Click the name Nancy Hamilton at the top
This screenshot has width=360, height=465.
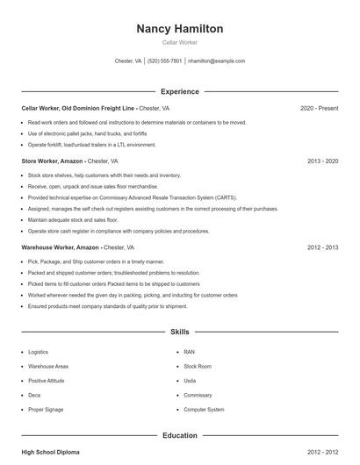click(179, 29)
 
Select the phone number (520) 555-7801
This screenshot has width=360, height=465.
click(164, 61)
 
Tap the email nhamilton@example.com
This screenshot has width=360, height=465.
click(217, 61)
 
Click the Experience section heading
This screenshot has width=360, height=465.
click(179, 91)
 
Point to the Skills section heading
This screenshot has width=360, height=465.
click(179, 333)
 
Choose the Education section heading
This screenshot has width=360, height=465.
click(179, 435)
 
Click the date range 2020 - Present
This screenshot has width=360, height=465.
click(319, 109)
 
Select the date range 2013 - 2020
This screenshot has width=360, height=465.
click(322, 161)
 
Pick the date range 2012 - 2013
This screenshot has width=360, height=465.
click(322, 248)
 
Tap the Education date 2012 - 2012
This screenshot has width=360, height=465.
click(322, 453)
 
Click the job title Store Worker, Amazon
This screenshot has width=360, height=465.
click(53, 161)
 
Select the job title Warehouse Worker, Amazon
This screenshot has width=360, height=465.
click(61, 248)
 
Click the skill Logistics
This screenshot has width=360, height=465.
click(38, 352)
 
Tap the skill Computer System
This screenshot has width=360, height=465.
click(204, 410)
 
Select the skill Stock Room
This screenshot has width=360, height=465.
click(198, 366)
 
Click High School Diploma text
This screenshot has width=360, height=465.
click(50, 453)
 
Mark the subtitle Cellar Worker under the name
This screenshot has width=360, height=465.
click(179, 42)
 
